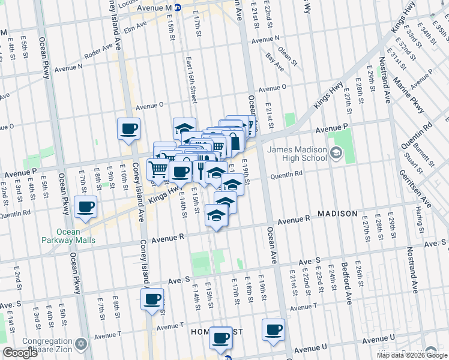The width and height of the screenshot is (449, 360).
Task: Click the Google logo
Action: click(x=20, y=353)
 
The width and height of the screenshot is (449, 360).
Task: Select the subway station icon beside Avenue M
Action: click(x=177, y=8)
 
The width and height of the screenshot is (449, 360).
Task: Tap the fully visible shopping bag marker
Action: click(x=235, y=142)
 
